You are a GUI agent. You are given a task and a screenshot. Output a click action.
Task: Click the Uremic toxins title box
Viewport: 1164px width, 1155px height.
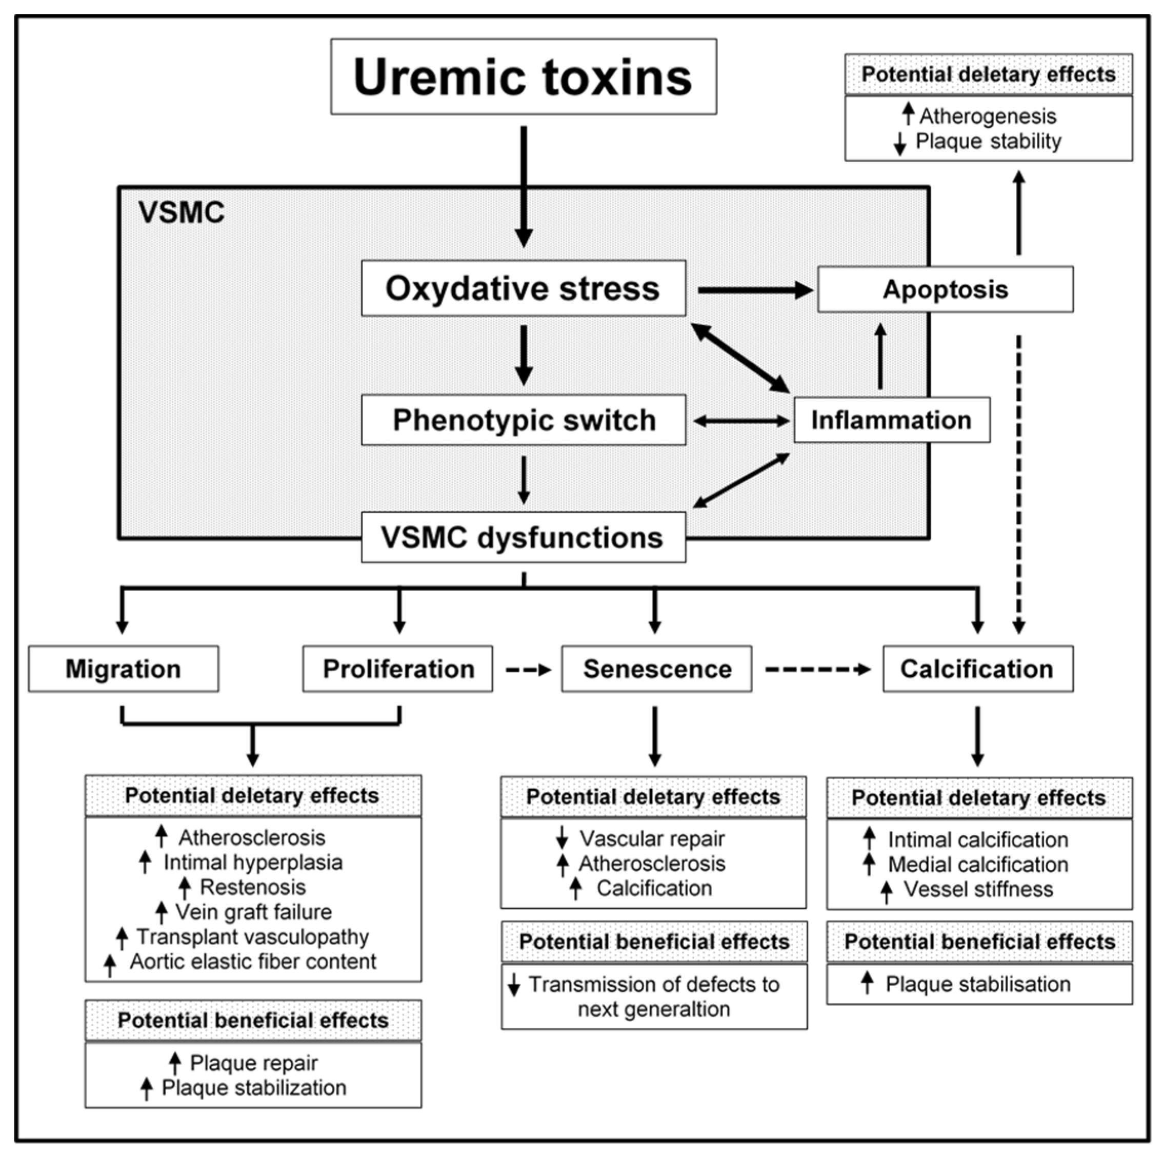click(x=523, y=76)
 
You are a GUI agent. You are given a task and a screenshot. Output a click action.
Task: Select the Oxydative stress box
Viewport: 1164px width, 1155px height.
click(x=523, y=288)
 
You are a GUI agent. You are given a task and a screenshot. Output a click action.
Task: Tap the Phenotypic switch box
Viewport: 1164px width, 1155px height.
click(x=523, y=420)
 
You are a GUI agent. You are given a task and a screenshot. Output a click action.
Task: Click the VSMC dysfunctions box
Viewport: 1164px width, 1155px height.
click(x=523, y=537)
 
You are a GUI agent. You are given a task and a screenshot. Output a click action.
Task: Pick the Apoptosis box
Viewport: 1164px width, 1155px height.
click(x=945, y=289)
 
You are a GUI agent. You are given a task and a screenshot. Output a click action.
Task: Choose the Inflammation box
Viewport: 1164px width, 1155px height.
click(x=891, y=420)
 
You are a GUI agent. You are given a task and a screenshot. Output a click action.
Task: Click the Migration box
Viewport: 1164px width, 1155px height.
click(x=123, y=669)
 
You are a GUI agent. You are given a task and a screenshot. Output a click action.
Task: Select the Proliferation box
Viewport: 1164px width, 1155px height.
click(x=397, y=669)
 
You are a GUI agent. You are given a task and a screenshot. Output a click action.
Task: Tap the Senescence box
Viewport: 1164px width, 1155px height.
click(x=656, y=669)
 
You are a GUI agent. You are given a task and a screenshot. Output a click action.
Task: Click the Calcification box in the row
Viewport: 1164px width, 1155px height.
click(x=977, y=669)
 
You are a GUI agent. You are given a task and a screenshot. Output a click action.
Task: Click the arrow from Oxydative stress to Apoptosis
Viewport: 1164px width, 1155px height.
click(x=753, y=290)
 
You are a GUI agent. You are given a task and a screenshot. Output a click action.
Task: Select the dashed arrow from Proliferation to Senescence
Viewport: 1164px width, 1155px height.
click(x=527, y=670)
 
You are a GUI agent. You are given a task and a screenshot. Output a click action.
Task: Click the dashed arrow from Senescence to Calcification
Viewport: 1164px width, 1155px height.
click(x=817, y=669)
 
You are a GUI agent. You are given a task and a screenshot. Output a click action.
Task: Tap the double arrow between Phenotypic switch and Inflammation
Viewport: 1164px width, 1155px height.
click(x=740, y=421)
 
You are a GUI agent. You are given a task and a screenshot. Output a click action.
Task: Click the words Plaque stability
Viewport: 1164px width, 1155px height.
click(x=988, y=142)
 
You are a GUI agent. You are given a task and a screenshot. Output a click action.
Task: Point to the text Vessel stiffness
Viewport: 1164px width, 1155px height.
click(x=978, y=889)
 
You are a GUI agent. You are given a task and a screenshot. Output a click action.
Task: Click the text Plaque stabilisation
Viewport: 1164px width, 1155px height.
click(x=977, y=985)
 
